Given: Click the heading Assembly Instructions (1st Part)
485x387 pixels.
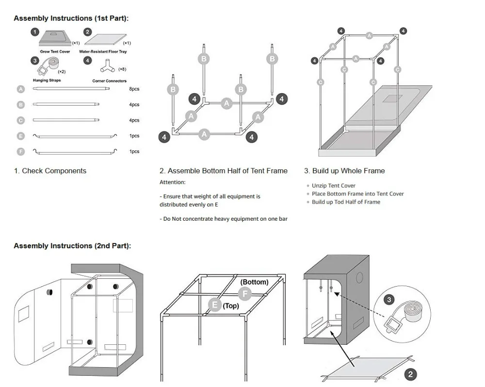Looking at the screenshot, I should pos(71,18).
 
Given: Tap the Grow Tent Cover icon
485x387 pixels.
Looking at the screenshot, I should pos(54,38).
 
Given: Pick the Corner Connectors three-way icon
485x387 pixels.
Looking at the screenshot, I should pos(108,66).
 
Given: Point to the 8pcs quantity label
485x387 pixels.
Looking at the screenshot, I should pos(134,89).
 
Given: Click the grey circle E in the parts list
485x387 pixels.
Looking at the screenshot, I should pos(20,136).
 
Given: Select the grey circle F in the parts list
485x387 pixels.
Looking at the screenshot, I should pos(20,152).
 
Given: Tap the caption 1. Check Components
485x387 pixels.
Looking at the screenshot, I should pos(50,171).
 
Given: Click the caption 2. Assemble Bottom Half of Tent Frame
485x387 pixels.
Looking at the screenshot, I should pos(223,171).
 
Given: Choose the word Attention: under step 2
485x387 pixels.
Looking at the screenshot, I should pos(173,182).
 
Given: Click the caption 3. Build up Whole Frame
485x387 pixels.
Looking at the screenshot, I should pos(344,171).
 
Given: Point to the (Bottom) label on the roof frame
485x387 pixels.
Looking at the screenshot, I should pos(254,282).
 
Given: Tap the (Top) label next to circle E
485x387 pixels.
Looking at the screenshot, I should pos(231,306).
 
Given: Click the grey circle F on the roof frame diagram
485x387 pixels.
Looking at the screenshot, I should pos(245,293).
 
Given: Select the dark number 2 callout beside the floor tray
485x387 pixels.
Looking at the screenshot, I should pos(411,374).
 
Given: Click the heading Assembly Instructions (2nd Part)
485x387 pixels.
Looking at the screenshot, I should pos(72,246).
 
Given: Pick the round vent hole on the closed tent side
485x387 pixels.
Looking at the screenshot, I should pos(360,278).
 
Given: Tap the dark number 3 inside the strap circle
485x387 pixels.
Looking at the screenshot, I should pos(389,300).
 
